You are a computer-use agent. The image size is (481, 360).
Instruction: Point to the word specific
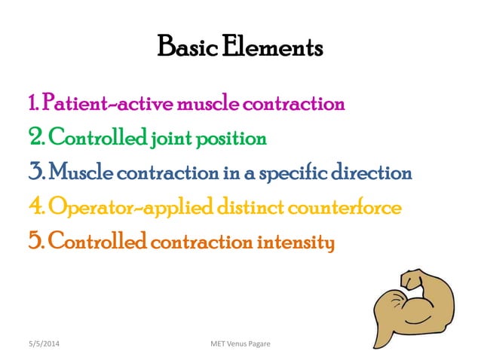pyautogui.click(x=300, y=174)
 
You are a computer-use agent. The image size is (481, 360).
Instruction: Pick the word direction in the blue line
pyautogui.click(x=375, y=174)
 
